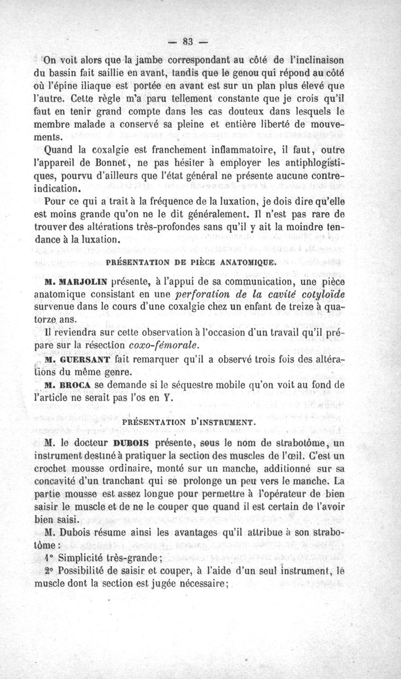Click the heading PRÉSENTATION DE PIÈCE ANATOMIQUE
coord(192,261)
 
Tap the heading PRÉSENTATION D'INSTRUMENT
coord(190,422)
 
